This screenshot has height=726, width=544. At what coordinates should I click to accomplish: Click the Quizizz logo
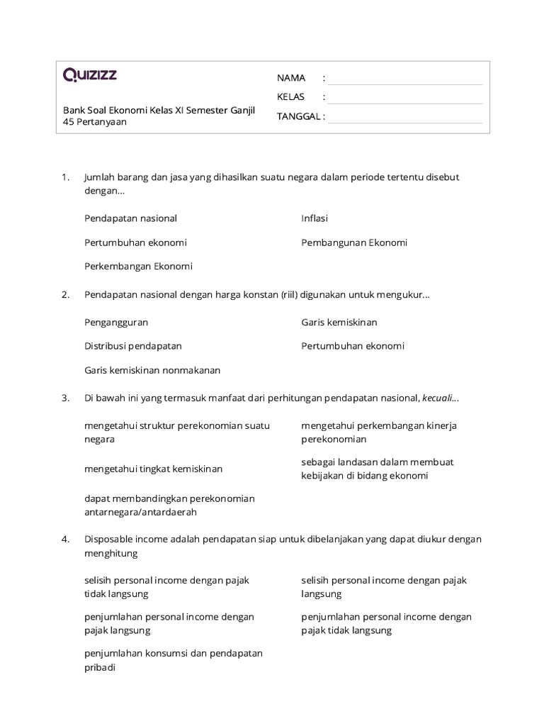coord(90,75)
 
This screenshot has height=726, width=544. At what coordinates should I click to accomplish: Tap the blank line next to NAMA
coord(404,78)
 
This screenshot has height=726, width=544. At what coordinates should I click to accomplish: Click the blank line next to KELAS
coord(404,97)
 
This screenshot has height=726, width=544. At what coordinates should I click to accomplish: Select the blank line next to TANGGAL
coord(404,116)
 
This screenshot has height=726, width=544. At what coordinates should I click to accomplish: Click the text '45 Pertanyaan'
coord(95,121)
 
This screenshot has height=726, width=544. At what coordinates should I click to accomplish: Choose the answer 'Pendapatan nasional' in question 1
coord(130,218)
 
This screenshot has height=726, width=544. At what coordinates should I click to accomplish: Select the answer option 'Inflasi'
coord(314,218)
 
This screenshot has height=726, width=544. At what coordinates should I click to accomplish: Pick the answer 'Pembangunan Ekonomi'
coord(354,242)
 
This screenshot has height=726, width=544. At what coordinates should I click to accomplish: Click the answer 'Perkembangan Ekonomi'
coord(138,267)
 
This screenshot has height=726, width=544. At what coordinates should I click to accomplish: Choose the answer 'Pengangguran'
coord(116,322)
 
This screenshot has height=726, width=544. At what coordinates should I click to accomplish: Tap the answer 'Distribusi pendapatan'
coord(133,346)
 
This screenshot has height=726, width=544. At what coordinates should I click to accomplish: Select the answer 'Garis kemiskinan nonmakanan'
coord(152,370)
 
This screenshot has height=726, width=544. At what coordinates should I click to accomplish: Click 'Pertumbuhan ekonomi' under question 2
coord(353,346)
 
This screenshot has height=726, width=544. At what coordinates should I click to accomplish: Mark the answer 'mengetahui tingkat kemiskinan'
coord(154,469)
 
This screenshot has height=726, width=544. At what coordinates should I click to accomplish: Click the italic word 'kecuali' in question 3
coord(439,398)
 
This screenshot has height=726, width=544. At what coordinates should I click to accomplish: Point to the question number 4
coord(65,539)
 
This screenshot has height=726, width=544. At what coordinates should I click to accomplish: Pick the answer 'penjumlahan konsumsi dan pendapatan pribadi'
coord(174,660)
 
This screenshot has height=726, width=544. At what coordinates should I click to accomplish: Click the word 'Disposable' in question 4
coord(108,539)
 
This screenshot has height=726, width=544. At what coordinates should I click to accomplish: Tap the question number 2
coord(65,294)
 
